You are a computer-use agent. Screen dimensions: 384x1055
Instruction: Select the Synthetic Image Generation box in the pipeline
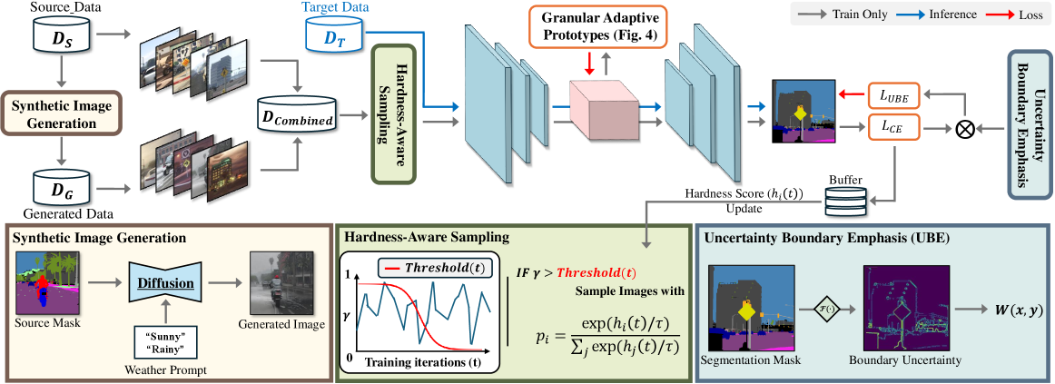(x=61, y=113)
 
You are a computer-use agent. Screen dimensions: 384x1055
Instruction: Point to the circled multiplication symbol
(x=966, y=129)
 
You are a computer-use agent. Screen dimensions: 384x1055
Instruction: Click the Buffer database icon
(x=846, y=202)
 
